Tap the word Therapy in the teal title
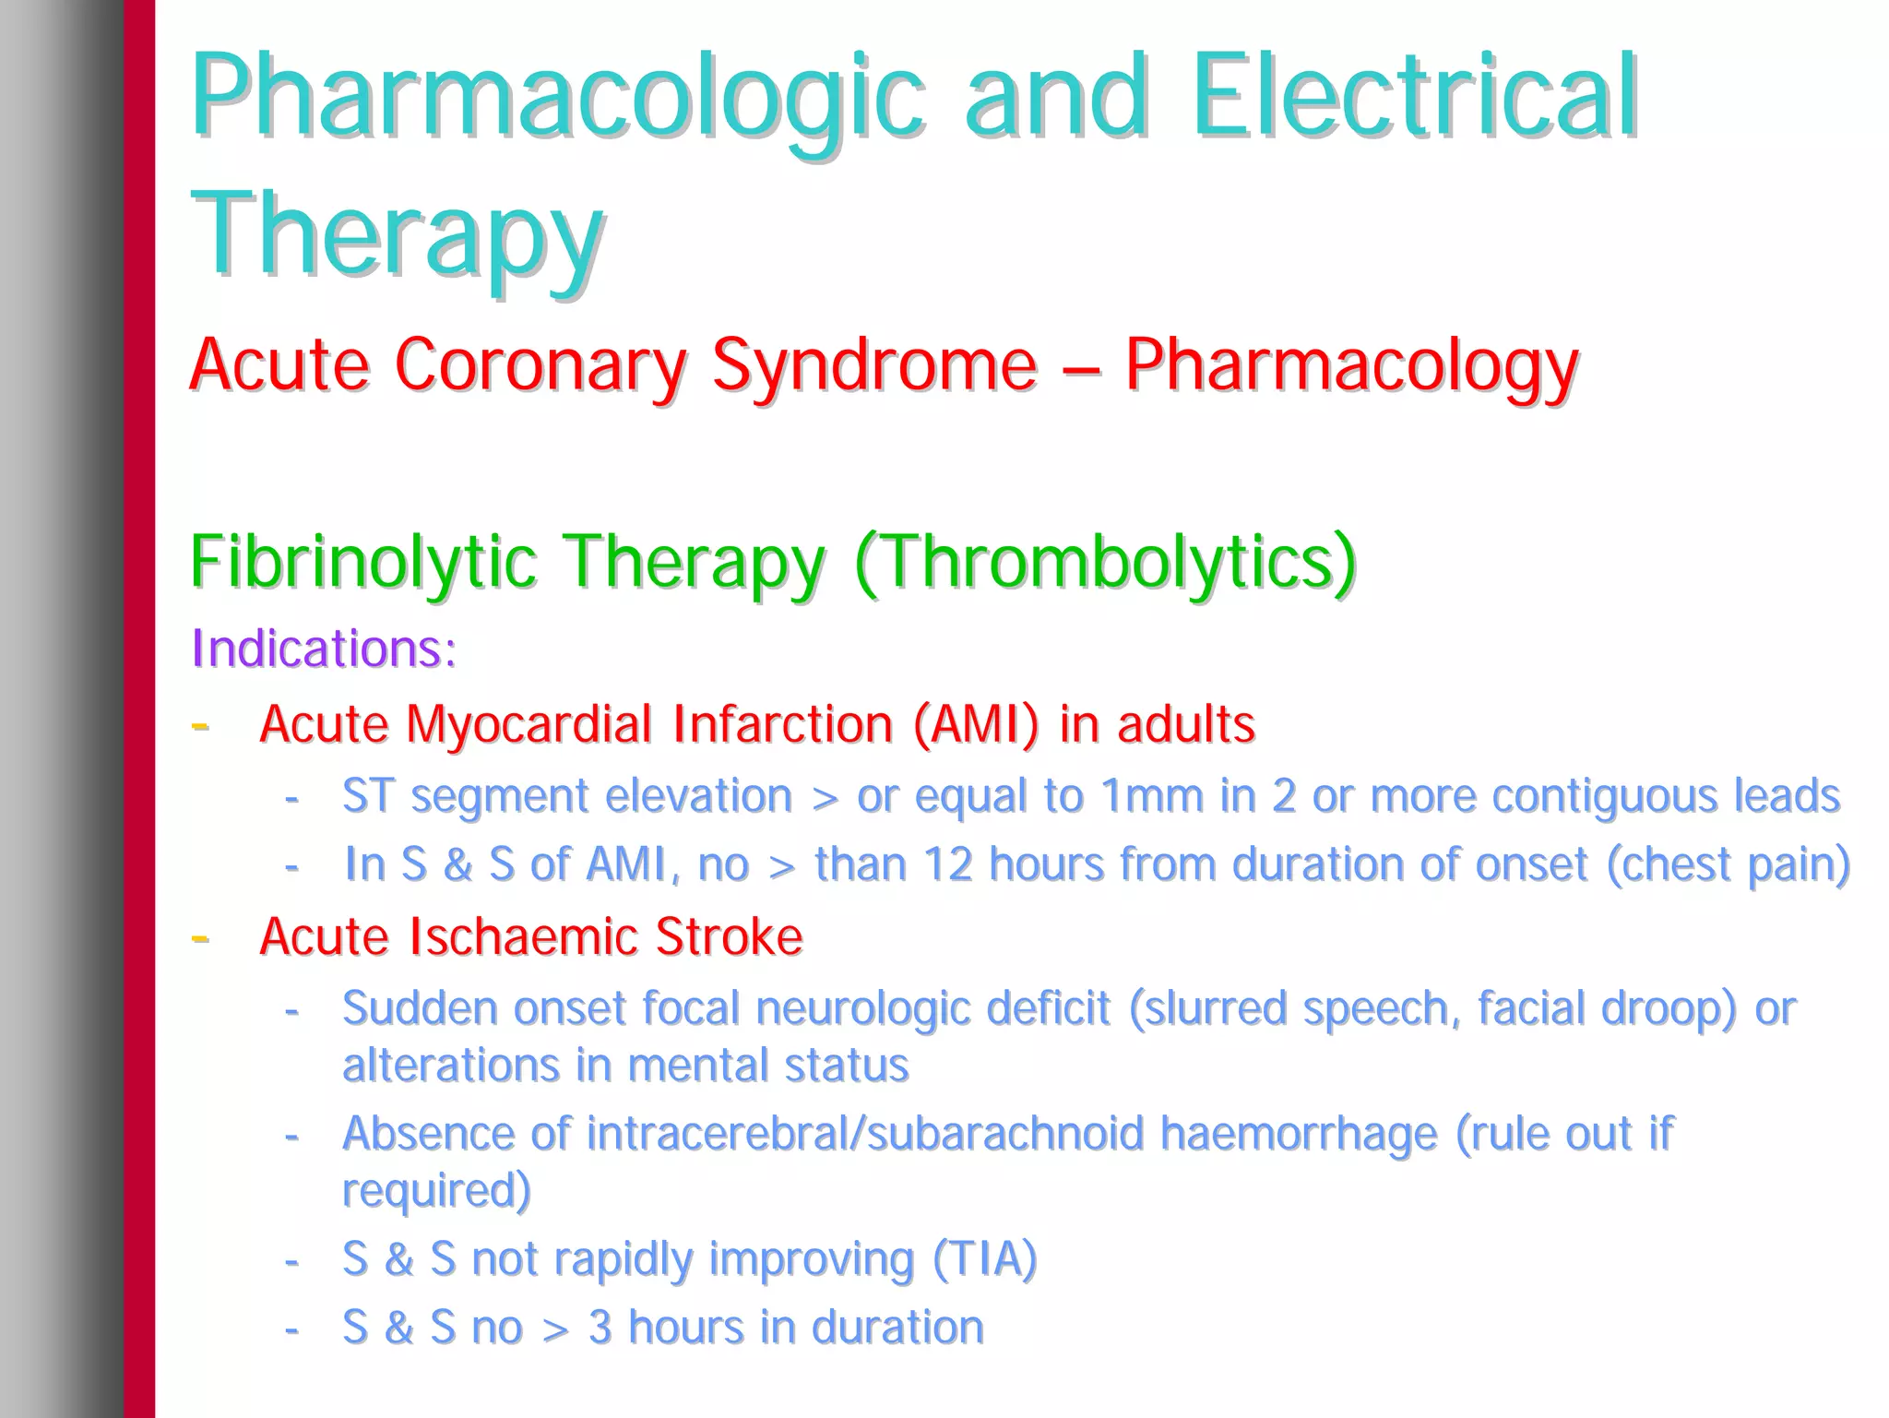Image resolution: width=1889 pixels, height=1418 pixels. click(x=397, y=234)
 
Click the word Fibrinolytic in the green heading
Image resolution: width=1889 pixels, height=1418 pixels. click(x=362, y=562)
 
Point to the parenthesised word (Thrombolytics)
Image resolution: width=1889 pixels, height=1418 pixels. click(x=1105, y=562)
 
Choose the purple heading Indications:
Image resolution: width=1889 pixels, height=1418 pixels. click(x=324, y=649)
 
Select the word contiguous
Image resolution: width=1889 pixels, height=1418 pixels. click(x=1604, y=796)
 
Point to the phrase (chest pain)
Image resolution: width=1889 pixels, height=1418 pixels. click(x=1728, y=865)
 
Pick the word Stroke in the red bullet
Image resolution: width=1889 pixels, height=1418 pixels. click(x=729, y=937)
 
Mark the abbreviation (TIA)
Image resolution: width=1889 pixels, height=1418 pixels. click(x=984, y=1259)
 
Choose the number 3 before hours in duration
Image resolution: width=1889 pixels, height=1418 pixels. click(x=600, y=1329)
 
